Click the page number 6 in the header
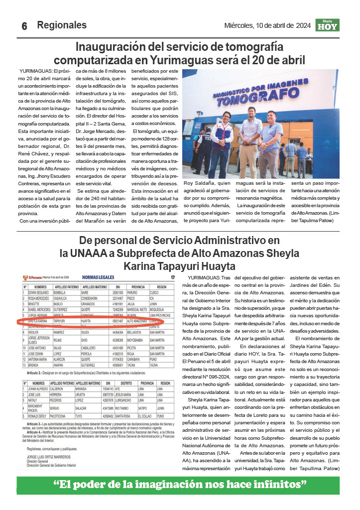23,26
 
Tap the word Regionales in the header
62,25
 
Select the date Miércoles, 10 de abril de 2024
267,25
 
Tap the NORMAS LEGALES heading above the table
98,277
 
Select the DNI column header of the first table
118,287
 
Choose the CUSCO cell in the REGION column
161,293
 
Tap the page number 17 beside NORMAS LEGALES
172,277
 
